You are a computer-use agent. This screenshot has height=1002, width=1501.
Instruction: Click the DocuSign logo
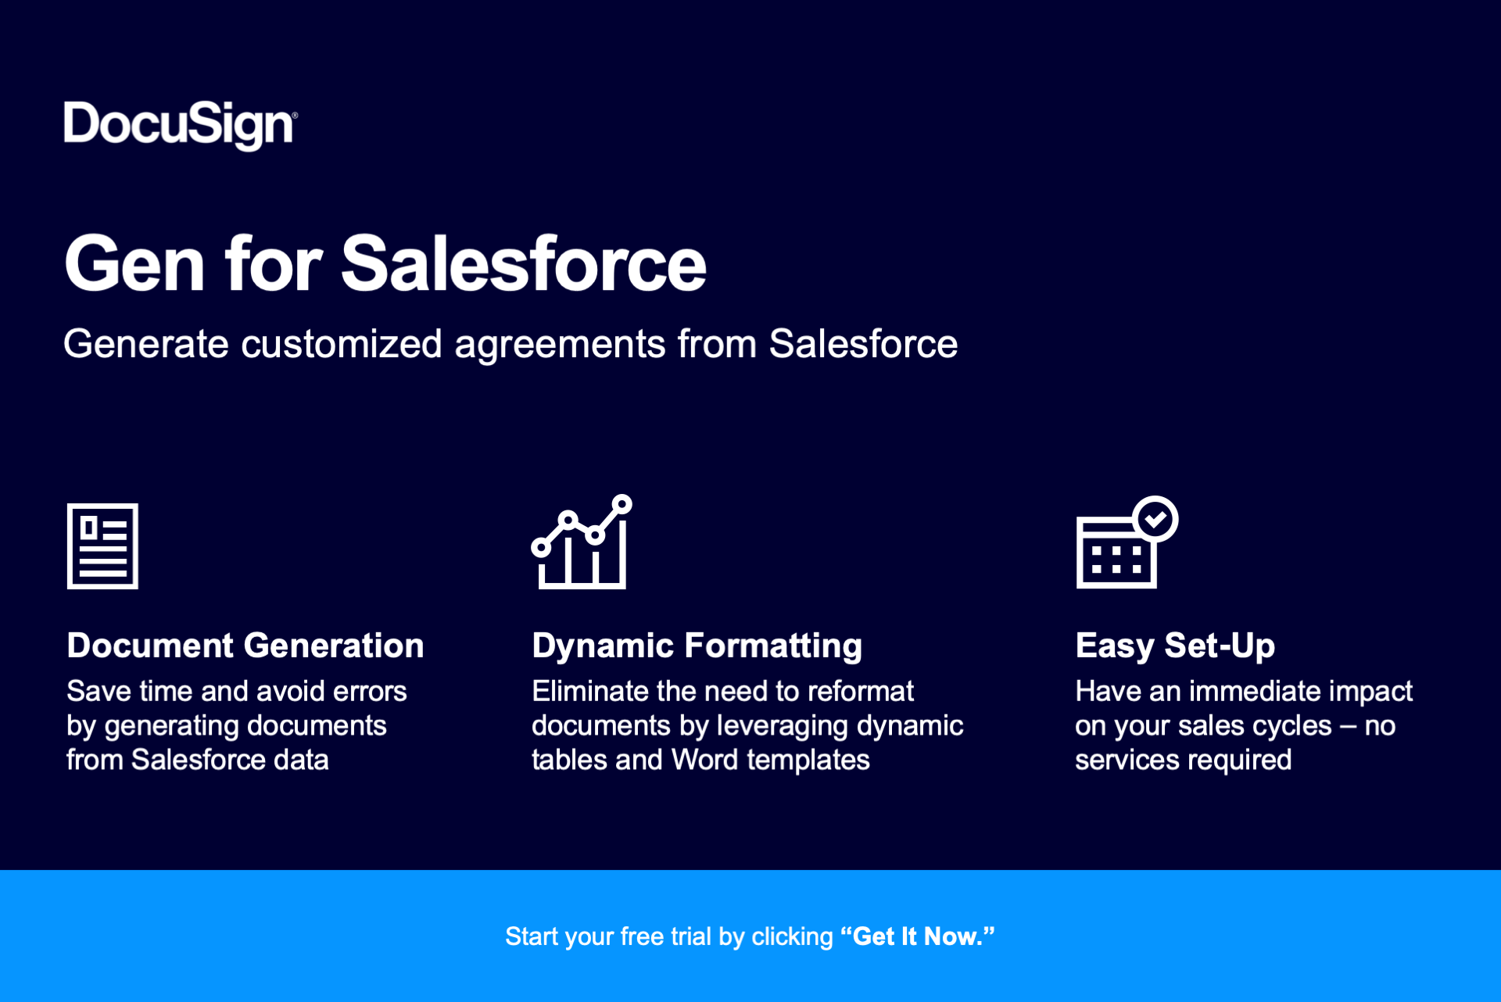pyautogui.click(x=180, y=125)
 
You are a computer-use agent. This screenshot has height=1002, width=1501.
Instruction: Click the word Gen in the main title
pyautogui.click(x=134, y=264)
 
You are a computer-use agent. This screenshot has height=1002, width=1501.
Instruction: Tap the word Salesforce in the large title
pyautogui.click(x=523, y=264)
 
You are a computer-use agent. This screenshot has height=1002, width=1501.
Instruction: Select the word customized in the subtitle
pyautogui.click(x=341, y=344)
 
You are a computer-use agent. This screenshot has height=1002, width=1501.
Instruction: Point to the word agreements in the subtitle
pyautogui.click(x=559, y=344)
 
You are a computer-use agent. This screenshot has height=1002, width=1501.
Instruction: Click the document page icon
pyautogui.click(x=102, y=546)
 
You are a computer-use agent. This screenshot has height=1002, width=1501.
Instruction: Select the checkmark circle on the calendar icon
pyautogui.click(x=1155, y=518)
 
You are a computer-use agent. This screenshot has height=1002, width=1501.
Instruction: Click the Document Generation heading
pyautogui.click(x=245, y=646)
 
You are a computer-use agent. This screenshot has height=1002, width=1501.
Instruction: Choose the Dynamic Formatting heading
pyautogui.click(x=697, y=646)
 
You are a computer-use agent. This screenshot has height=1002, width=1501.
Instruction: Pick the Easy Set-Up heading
pyautogui.click(x=1175, y=646)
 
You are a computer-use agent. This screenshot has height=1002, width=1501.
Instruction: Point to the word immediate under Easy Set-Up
pyautogui.click(x=1256, y=691)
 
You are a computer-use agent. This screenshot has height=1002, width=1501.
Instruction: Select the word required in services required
pyautogui.click(x=1248, y=760)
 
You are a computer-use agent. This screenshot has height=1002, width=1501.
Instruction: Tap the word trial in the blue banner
pyautogui.click(x=691, y=936)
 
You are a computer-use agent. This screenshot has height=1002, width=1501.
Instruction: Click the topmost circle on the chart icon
pyautogui.click(x=622, y=505)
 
